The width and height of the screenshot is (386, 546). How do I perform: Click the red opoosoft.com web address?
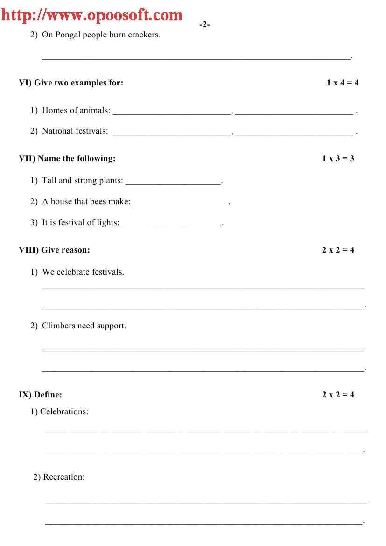[91, 15]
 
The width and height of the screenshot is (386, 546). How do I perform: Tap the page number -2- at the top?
[204, 24]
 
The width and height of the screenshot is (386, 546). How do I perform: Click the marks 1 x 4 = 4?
[342, 83]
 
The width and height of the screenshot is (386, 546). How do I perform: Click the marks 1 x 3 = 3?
[337, 158]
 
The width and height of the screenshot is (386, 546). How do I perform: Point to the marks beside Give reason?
[337, 250]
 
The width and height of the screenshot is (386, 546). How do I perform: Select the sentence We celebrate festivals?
[83, 272]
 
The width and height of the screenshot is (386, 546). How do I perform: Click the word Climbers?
[59, 326]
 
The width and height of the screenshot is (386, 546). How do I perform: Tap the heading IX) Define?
[40, 395]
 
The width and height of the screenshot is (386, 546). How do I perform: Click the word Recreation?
[63, 477]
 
